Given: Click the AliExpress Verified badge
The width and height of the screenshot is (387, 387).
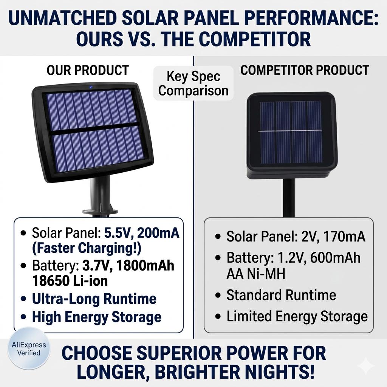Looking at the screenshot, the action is coord(29,348).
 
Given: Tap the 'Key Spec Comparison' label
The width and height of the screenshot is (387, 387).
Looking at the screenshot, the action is coord(193,83).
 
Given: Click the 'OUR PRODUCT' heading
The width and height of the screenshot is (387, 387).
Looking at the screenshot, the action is coord(88,70).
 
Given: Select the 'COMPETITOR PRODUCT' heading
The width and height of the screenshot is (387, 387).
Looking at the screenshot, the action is coord(305,70).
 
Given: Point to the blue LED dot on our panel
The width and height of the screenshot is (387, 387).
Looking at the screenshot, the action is coord(91,87).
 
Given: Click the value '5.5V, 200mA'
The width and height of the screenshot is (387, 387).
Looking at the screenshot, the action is coord(142,232).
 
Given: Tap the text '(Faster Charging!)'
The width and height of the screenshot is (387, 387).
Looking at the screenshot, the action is coord(87,248).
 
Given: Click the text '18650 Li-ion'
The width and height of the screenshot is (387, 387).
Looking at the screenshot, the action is coord(70,281).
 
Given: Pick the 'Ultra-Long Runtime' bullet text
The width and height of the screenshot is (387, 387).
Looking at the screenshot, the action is coord(94,299).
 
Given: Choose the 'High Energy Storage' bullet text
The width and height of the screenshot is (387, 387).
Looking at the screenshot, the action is coord(97,317).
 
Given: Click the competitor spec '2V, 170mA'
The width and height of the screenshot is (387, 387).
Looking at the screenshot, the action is coord(333,237).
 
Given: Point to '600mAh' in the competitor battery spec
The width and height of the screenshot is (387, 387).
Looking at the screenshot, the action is coord(335,258).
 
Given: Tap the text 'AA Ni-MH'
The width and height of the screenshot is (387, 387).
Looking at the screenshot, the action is coord(256,274).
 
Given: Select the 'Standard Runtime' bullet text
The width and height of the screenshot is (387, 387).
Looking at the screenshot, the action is coord(281,295).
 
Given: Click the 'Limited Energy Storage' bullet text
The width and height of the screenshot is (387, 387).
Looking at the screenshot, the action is coord(297,317).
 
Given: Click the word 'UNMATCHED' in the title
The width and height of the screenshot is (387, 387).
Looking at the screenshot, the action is coord(62,18).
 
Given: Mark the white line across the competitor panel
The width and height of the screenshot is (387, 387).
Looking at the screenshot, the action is coord(290,130).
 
